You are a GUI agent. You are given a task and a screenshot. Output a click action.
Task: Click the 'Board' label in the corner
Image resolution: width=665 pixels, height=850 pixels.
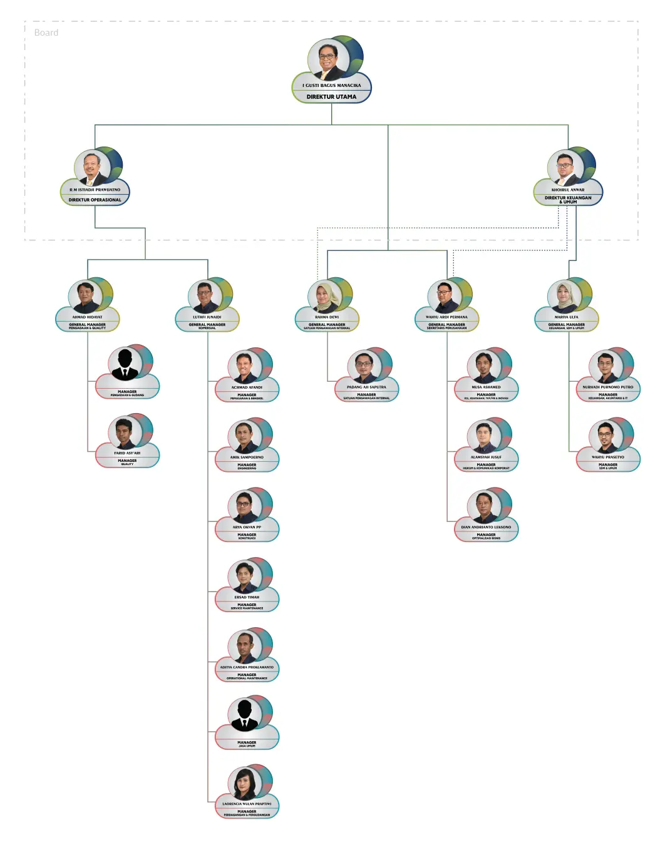(x=46, y=33)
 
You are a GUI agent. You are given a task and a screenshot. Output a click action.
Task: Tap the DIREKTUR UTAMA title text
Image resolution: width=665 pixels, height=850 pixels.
(x=331, y=97)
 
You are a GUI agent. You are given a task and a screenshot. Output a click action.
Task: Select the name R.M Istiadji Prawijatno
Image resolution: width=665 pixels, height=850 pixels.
(x=95, y=190)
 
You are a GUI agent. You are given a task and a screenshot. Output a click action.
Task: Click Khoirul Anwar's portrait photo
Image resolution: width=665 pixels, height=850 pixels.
(x=565, y=167)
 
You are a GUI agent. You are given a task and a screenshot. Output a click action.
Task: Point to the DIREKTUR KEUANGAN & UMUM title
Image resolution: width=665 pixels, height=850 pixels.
(x=568, y=200)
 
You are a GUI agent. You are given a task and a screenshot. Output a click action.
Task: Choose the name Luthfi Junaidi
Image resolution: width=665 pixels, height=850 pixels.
(x=207, y=317)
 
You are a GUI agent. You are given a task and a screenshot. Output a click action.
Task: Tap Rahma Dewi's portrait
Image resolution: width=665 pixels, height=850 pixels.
(x=325, y=296)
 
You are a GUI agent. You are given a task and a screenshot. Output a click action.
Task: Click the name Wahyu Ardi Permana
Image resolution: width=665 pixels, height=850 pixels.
(x=446, y=317)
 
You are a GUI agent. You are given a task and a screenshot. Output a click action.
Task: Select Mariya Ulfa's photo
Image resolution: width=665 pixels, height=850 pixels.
(x=565, y=296)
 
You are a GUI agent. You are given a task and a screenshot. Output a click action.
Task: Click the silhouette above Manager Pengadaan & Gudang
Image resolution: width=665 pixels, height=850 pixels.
(x=125, y=364)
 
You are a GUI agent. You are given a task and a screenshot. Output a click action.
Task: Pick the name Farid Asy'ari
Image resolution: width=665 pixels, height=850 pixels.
(x=127, y=453)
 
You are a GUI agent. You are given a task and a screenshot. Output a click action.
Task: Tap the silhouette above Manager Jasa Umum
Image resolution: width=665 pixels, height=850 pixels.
(x=245, y=715)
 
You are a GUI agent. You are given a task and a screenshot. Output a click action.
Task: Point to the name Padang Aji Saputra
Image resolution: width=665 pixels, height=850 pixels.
(x=366, y=387)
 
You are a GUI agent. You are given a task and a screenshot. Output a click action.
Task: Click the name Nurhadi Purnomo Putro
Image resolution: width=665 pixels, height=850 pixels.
(x=608, y=387)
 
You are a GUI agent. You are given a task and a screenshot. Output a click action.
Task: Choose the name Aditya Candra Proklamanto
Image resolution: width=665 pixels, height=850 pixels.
(x=247, y=667)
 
